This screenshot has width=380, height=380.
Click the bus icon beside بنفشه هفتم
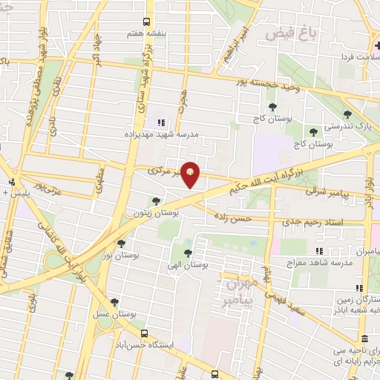click(x=145, y=22)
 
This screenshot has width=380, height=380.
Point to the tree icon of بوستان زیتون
click(x=155, y=200)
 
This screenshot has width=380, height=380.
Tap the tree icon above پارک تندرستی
click(x=347, y=114)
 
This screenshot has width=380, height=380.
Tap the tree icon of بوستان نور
click(x=121, y=243)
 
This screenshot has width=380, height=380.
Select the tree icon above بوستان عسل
click(x=114, y=301)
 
